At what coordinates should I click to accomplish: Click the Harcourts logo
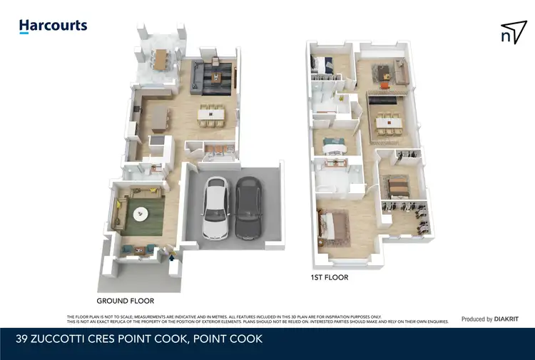click(x=53, y=26)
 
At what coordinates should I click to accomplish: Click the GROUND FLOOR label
click(x=126, y=301)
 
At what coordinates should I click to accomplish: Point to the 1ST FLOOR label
click(x=329, y=277)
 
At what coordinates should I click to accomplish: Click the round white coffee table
click(x=141, y=212)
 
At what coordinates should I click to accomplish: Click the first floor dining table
click(x=387, y=123)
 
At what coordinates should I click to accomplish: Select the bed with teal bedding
click(x=333, y=146)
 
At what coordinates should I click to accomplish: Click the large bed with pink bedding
click(x=333, y=227)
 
